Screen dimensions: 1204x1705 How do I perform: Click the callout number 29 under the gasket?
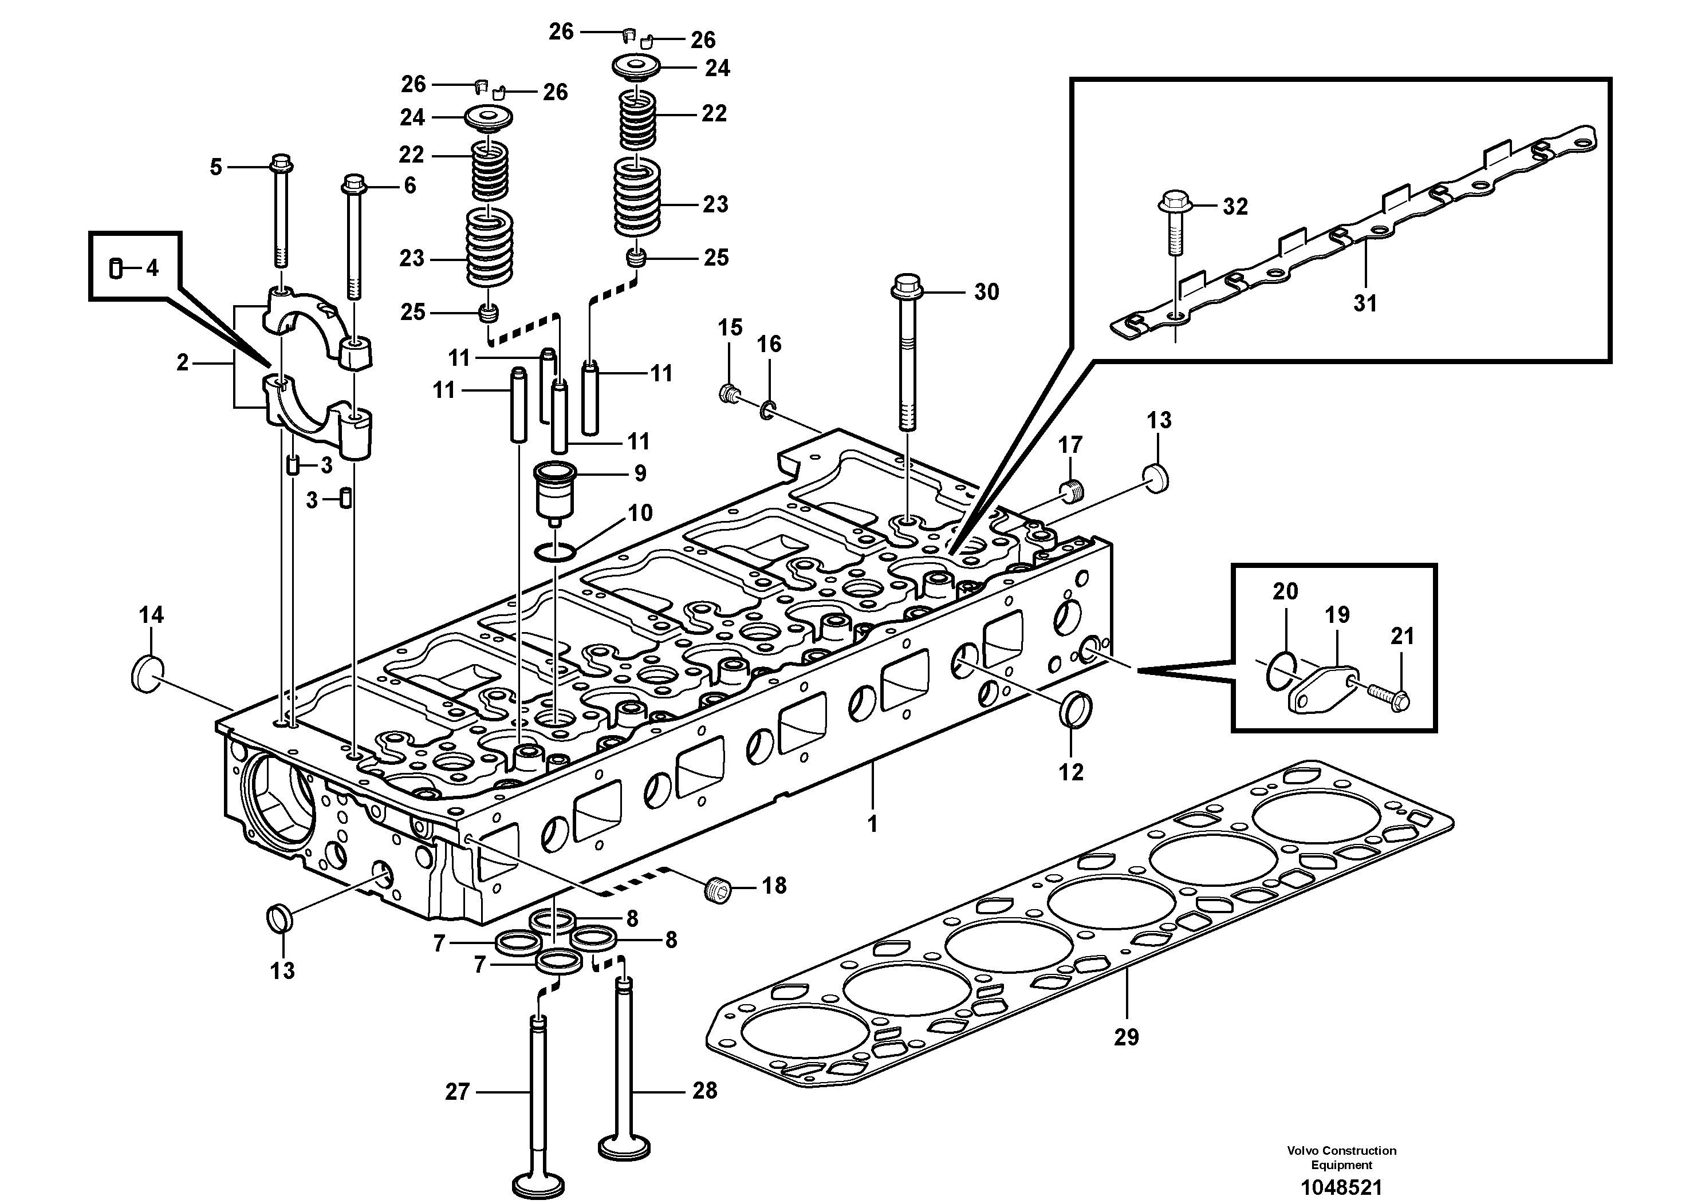tap(1126, 1037)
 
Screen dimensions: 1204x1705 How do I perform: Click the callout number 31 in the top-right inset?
tap(1365, 303)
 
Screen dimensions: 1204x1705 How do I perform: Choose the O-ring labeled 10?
tap(556, 552)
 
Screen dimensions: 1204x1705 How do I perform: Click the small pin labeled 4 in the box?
tap(116, 268)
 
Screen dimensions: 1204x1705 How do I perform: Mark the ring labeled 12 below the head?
tap(1074, 709)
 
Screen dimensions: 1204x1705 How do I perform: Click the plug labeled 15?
tap(729, 393)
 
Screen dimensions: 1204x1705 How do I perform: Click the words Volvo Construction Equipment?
tap(1341, 1157)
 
